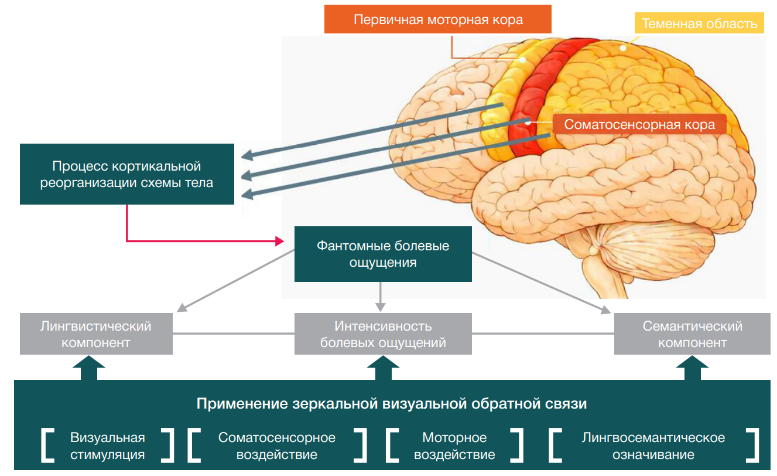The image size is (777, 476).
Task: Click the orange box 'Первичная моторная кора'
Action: point(437,19)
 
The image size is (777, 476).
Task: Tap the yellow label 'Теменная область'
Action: point(699,23)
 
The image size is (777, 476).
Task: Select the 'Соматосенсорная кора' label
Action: point(639,125)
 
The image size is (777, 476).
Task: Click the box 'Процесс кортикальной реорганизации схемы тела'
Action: point(126,174)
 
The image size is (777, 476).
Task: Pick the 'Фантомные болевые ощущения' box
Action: point(383,254)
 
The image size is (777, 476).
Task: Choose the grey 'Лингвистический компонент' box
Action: point(96,334)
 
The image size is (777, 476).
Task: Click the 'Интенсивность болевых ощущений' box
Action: point(383,334)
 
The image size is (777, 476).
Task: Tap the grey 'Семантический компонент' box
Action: point(692,334)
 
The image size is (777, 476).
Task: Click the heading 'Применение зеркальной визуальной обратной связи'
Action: point(391,404)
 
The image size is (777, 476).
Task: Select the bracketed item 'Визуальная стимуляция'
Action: point(108,446)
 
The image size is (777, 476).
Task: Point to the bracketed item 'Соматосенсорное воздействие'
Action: point(276,446)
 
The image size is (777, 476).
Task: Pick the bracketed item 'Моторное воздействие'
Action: point(454,446)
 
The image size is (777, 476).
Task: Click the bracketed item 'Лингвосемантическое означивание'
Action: point(653,446)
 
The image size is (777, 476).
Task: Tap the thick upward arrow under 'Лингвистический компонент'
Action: point(89,369)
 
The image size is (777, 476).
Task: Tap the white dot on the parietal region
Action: point(624,48)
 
